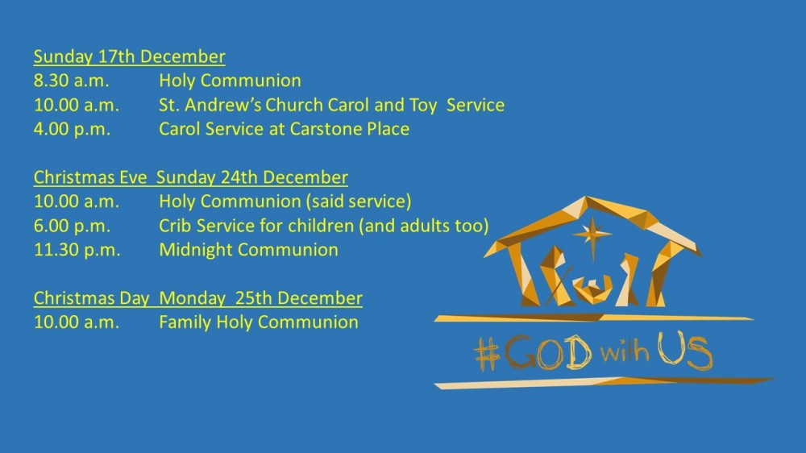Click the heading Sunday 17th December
(x=130, y=56)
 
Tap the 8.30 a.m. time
(x=72, y=81)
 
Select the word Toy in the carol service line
(x=423, y=106)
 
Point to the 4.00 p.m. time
(x=72, y=129)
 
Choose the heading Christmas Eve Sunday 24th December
(x=191, y=177)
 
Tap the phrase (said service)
(x=359, y=202)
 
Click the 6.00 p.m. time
(x=72, y=226)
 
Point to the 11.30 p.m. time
(x=77, y=250)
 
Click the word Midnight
(x=196, y=250)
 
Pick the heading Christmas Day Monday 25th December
(x=198, y=298)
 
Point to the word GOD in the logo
(x=548, y=353)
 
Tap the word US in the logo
(x=685, y=351)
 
